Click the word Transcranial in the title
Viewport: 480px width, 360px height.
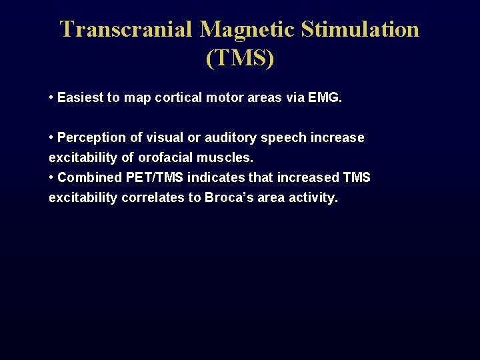click(126, 29)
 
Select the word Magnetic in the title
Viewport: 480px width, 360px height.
click(247, 29)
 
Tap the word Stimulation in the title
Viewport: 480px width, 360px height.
click(361, 29)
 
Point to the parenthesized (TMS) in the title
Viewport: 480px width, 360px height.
click(240, 59)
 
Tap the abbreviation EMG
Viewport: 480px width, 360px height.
click(325, 98)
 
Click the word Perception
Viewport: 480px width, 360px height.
click(91, 138)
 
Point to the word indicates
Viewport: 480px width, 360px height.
click(217, 178)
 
